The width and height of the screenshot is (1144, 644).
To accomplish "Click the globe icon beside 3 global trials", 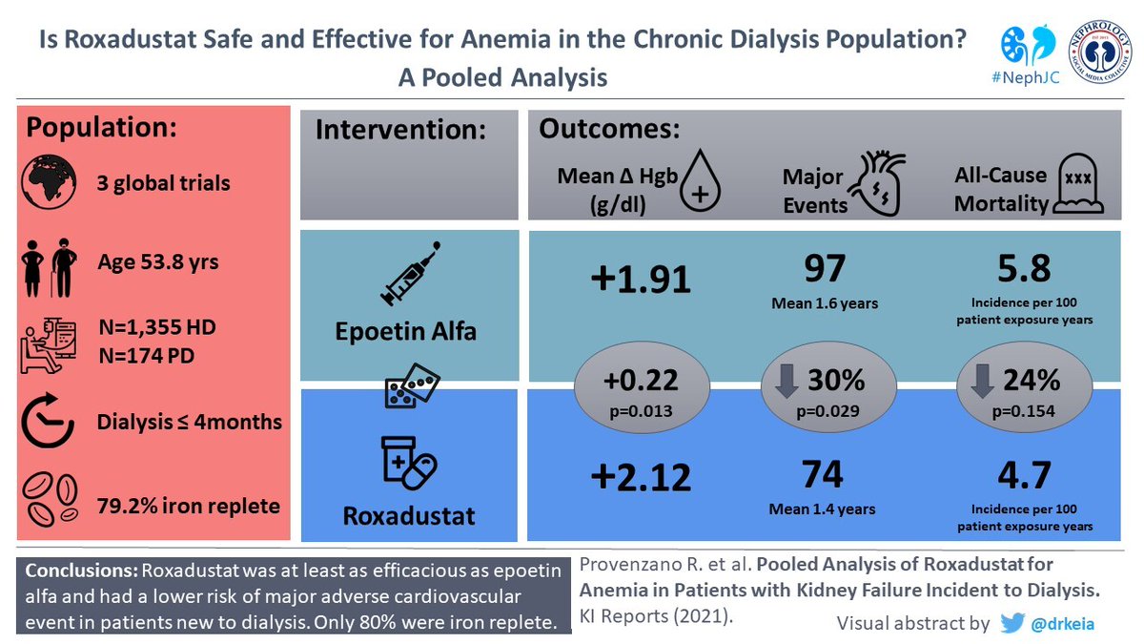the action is click(49, 182).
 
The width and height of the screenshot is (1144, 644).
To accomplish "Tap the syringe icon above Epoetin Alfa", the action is click(411, 274).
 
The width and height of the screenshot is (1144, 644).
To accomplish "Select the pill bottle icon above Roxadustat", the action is click(409, 463).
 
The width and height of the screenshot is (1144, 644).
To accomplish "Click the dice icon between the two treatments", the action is click(412, 385).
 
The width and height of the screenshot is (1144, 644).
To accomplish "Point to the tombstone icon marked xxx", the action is click(1078, 184).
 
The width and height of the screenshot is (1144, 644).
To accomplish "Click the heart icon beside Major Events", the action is click(876, 183).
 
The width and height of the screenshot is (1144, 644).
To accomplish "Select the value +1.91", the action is click(641, 280).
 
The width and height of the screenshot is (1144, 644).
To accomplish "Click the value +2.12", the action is click(641, 476).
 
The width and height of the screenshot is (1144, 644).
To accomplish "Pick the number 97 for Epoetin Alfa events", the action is click(825, 268).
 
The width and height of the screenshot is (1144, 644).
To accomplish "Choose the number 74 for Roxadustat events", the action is click(822, 474).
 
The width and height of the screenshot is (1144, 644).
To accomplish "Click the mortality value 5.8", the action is click(1024, 268).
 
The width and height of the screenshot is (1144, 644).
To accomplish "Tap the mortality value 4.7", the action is click(1024, 475).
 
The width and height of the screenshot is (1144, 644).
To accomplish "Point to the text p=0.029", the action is click(827, 411).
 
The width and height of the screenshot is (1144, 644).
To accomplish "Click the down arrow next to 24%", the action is click(982, 381).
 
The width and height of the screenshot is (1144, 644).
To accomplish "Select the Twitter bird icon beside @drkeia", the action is click(1012, 623).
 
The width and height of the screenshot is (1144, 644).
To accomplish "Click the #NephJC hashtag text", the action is click(1026, 77).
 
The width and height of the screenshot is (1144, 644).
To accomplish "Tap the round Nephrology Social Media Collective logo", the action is click(1099, 52).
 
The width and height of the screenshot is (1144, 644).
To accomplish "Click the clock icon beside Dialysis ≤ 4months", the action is click(48, 420).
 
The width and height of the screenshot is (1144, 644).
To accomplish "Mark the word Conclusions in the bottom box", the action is click(82, 571).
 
